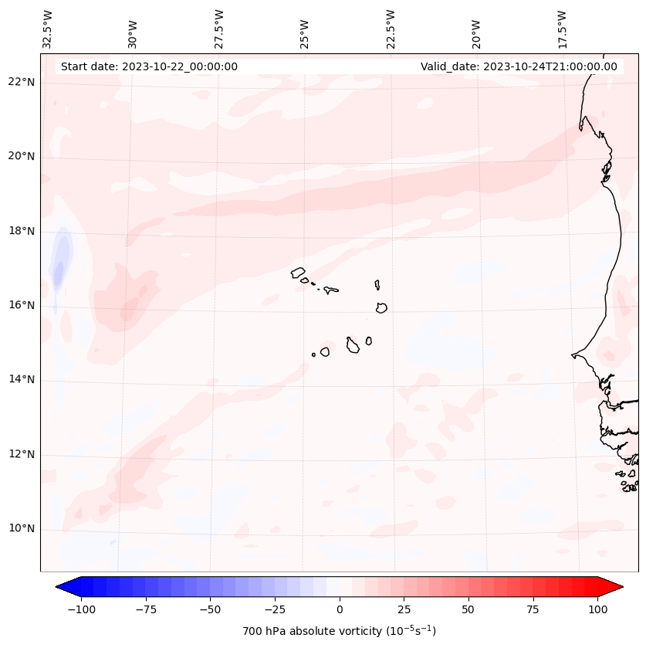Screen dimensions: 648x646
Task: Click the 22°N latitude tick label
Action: tap(21, 82)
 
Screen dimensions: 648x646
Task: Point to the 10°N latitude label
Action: tap(21, 529)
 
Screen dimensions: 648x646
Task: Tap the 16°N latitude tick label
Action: tap(21, 305)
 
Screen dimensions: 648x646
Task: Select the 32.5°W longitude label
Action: tap(48, 29)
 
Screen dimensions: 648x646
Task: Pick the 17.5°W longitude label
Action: tap(562, 29)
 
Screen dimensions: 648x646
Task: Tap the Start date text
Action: tap(149, 66)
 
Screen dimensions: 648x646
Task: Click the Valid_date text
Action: tap(519, 66)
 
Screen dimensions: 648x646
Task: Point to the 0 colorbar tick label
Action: tap(340, 609)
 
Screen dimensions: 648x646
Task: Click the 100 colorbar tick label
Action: tap(597, 609)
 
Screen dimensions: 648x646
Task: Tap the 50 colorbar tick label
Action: tap(468, 609)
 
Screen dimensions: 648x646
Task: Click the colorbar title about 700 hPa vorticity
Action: tap(339, 631)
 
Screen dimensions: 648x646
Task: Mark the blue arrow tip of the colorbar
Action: tap(60, 587)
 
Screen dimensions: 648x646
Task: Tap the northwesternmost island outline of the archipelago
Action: tap(298, 272)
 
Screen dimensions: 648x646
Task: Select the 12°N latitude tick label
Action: tap(21, 454)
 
